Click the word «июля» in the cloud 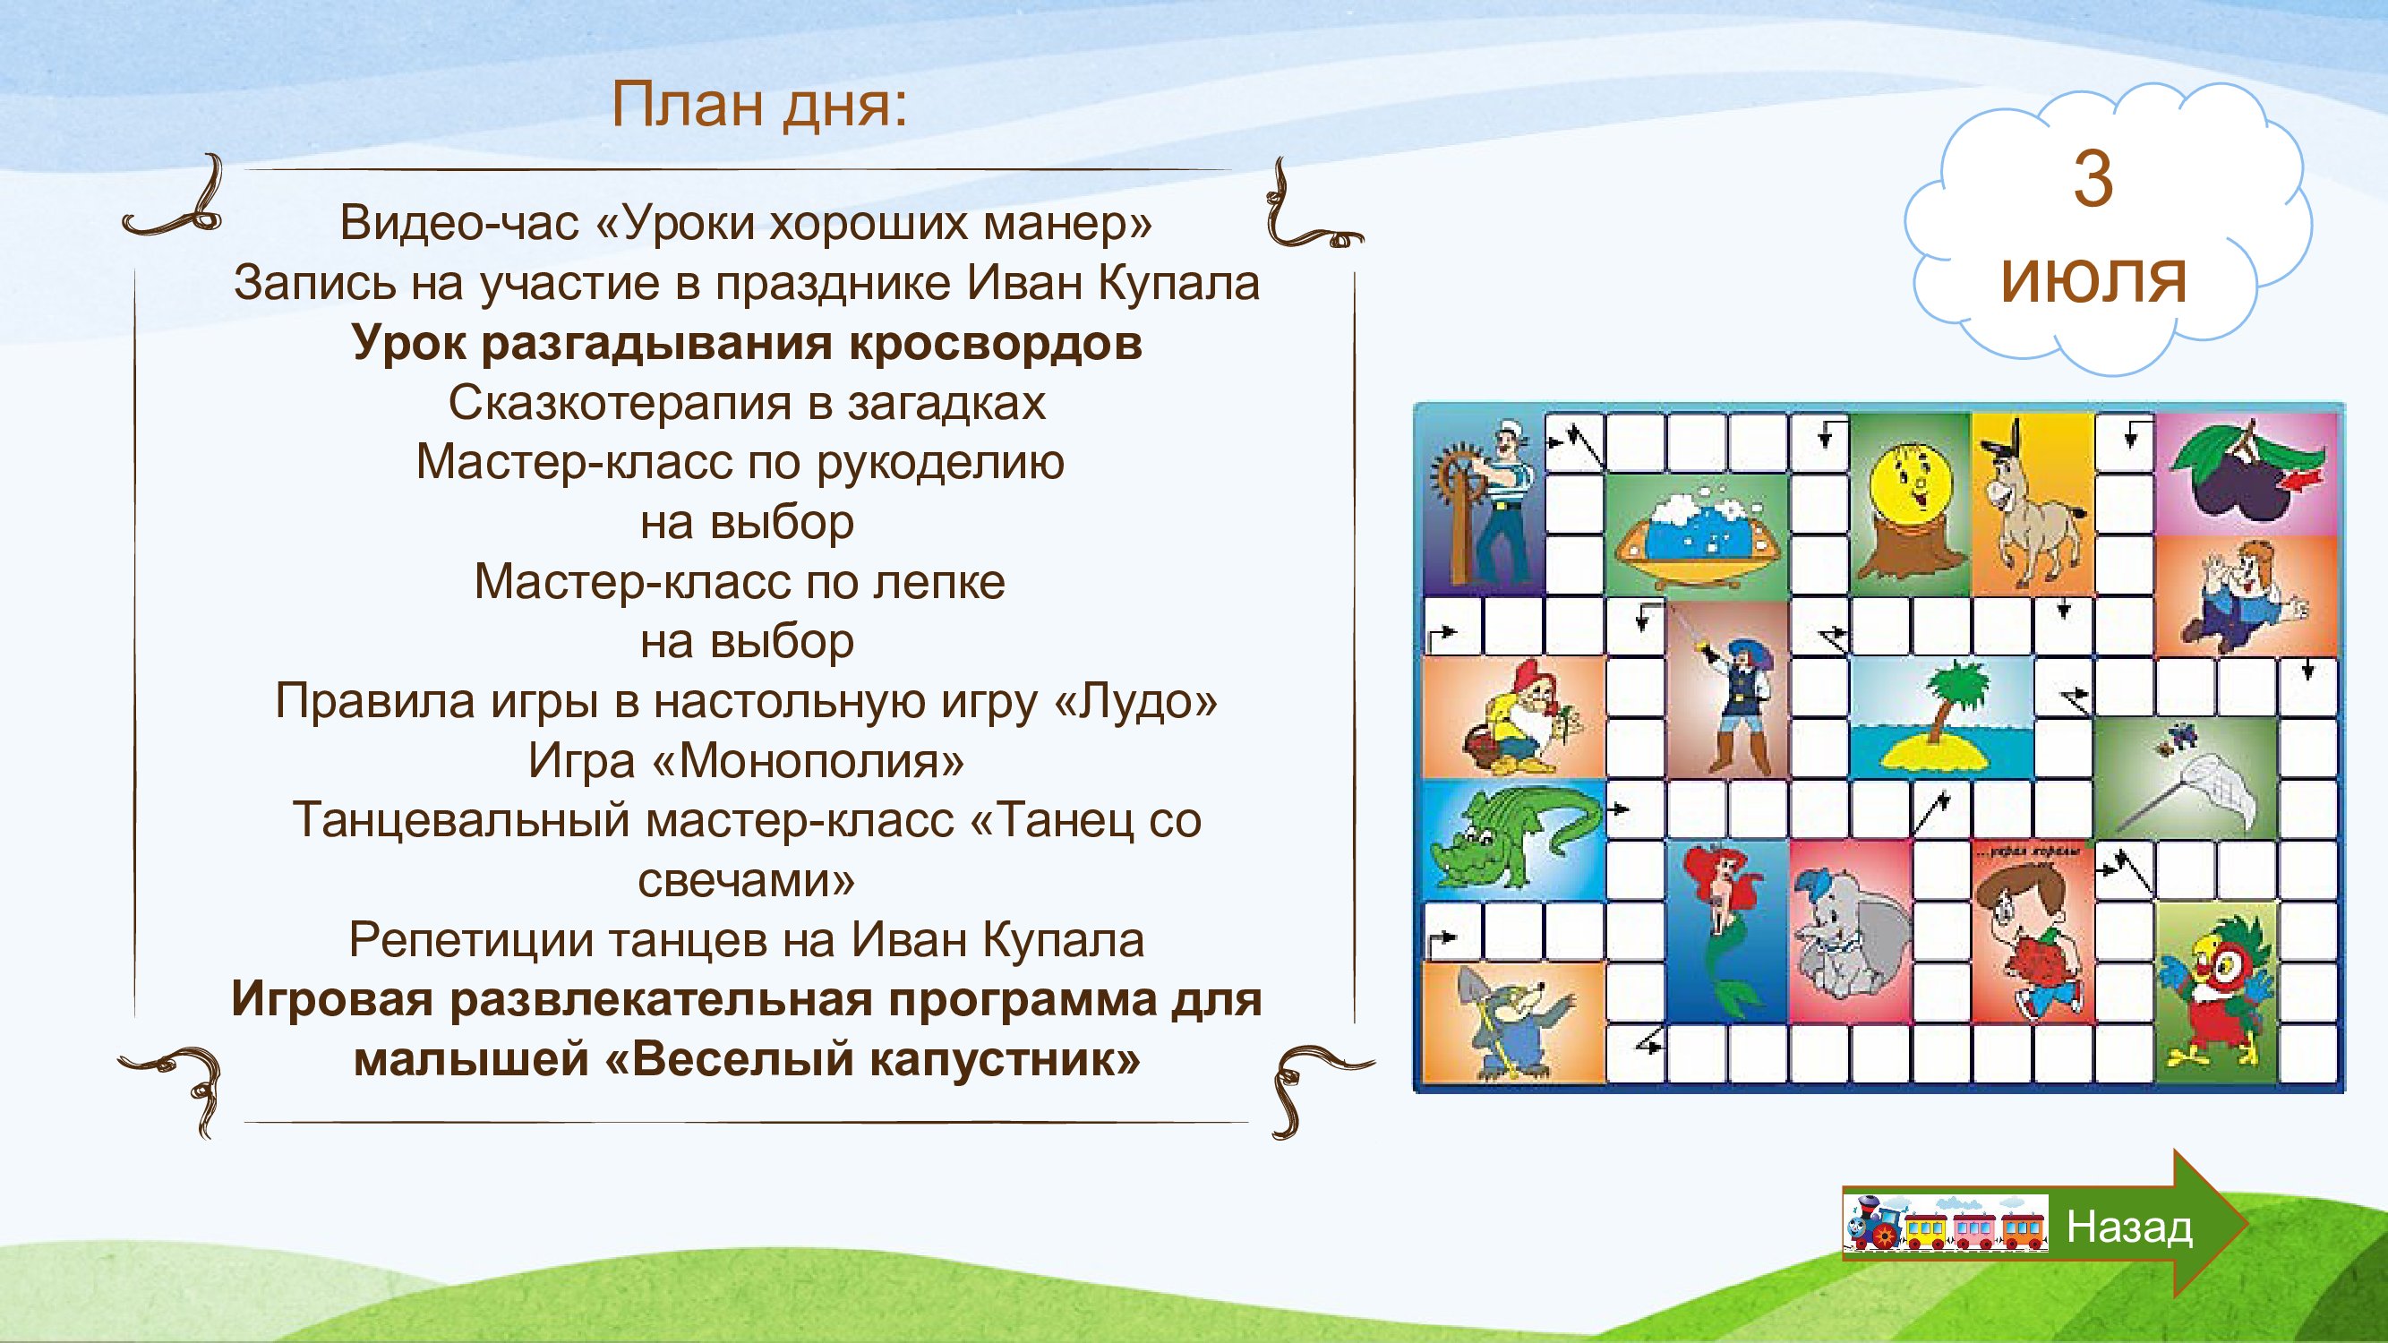[2093, 281]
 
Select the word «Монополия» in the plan [809, 762]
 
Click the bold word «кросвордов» [996, 345]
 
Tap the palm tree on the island [1940, 718]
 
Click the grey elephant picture [1849, 931]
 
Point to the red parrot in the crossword [2215, 992]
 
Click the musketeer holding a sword [1726, 690]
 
